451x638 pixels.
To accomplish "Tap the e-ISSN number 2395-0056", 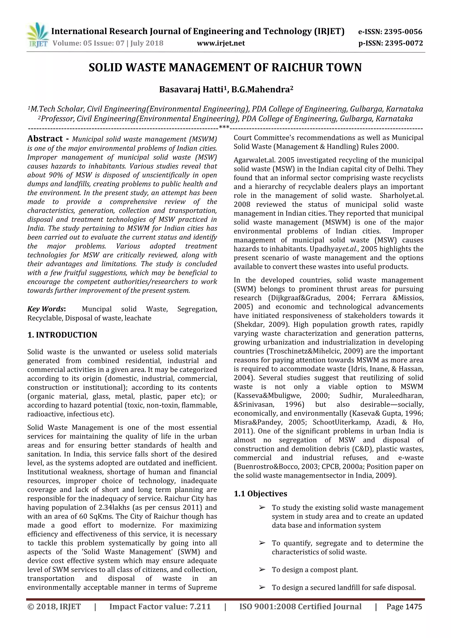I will pyautogui.click(x=403, y=32).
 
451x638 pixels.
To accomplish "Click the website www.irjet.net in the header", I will pyautogui.click(x=221, y=43).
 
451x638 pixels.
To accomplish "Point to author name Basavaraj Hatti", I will pyautogui.click(x=192, y=90).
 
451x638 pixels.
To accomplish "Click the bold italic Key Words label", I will pyautogui.click(x=46, y=309).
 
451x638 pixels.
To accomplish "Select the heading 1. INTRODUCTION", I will pyautogui.click(x=62, y=335).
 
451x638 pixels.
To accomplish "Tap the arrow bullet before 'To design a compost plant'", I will pyautogui.click(x=262, y=570).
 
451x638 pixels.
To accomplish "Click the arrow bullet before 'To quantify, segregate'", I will pyautogui.click(x=262, y=543).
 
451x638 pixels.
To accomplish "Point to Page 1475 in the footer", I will pyautogui.click(x=404, y=614).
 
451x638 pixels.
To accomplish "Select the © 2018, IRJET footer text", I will pyautogui.click(x=54, y=614).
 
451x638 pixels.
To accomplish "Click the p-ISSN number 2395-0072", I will pyautogui.click(x=403, y=43).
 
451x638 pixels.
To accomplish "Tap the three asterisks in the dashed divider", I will pyautogui.click(x=224, y=128).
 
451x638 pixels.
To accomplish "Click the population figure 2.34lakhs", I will pyautogui.click(x=114, y=507).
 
